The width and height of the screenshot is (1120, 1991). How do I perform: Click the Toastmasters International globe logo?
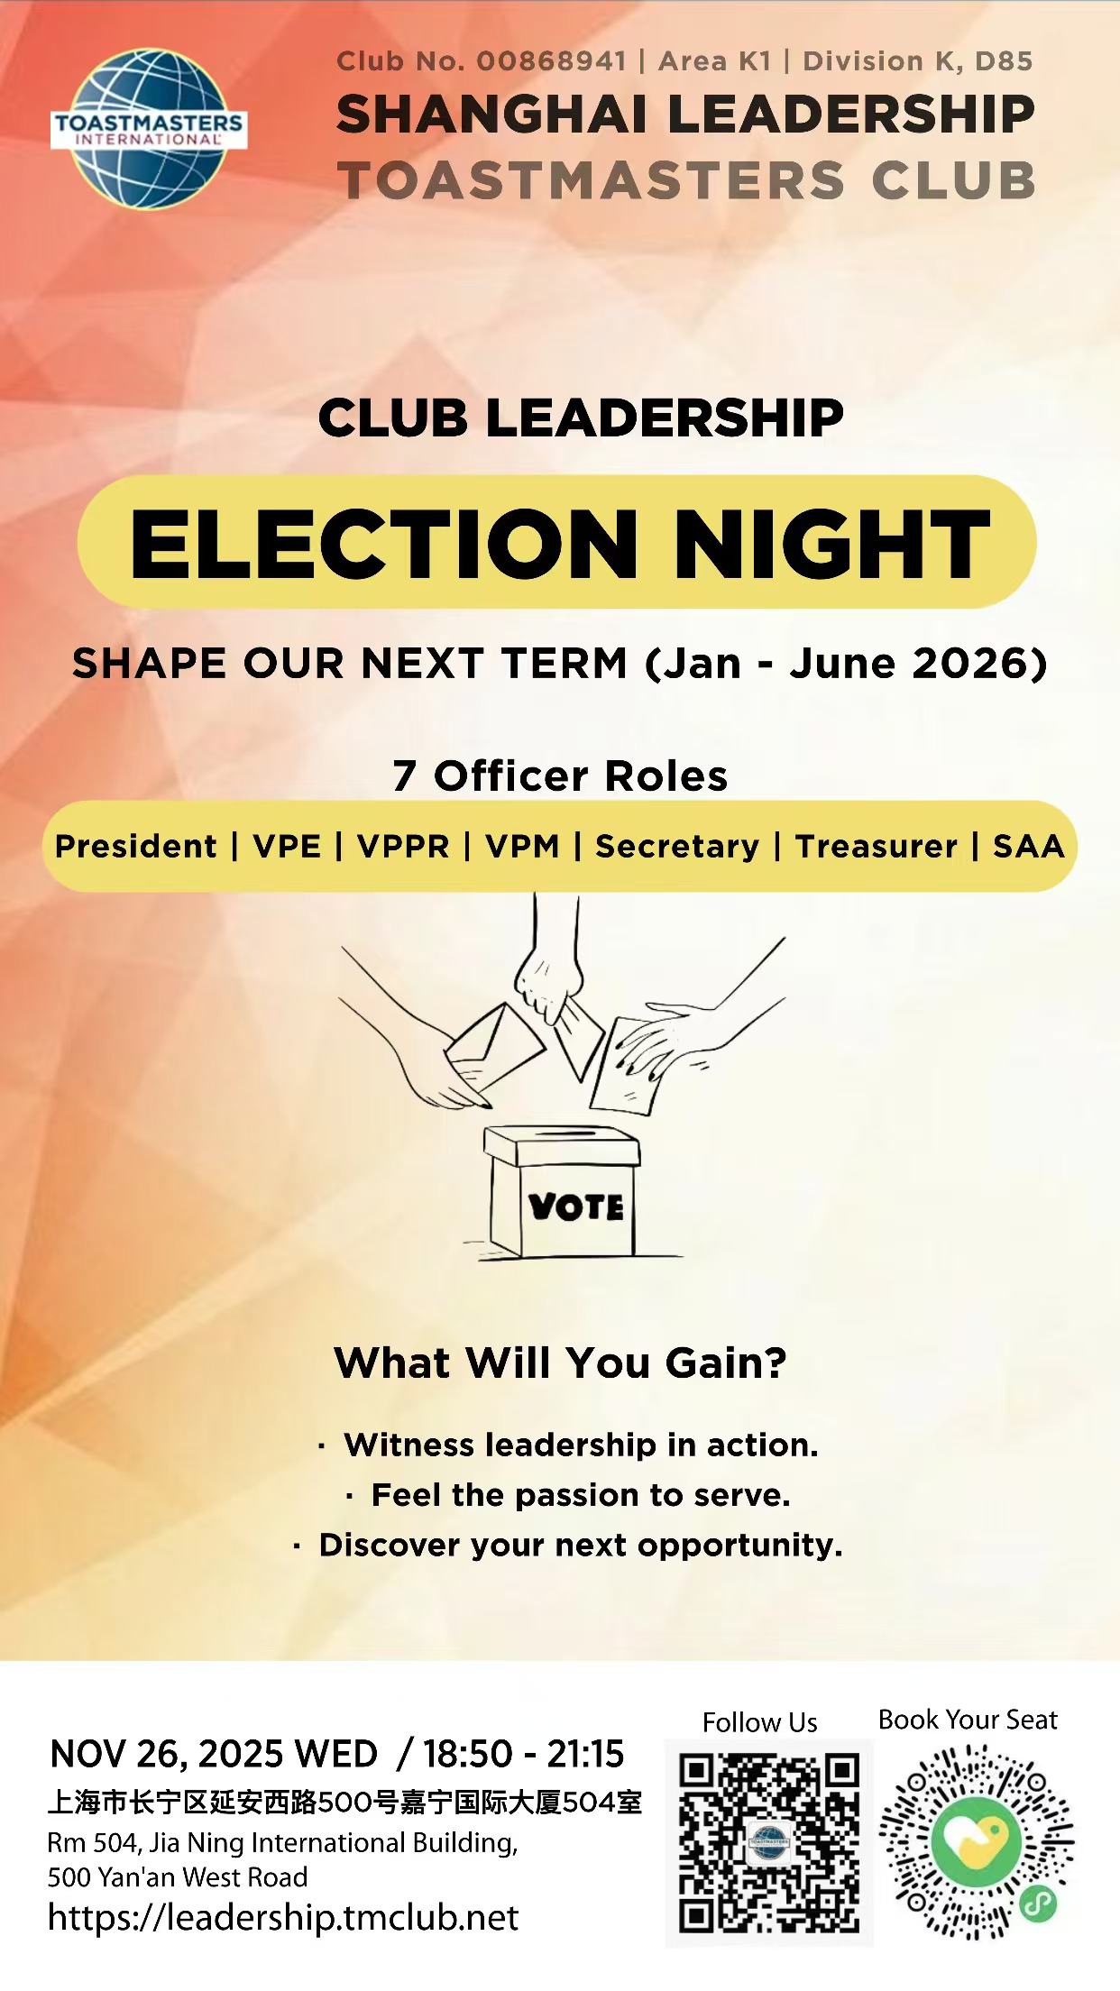(149, 129)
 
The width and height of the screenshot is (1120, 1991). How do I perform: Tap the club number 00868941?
(551, 61)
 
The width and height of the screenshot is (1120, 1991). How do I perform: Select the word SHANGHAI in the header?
(491, 115)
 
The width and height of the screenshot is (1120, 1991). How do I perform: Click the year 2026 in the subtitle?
(971, 664)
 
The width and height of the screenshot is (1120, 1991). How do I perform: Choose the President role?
(135, 847)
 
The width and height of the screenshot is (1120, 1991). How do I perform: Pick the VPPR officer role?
(403, 847)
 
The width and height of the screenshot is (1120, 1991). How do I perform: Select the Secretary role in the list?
(677, 847)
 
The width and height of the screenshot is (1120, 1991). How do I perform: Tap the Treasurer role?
(877, 847)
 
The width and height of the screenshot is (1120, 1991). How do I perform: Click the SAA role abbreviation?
(1029, 847)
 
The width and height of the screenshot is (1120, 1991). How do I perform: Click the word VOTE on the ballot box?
(576, 1207)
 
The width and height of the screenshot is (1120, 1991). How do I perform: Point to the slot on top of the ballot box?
(561, 1132)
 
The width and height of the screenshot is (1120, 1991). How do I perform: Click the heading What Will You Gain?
(560, 1363)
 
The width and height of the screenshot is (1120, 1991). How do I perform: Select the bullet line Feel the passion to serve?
(581, 1495)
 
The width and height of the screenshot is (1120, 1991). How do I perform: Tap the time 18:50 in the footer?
(468, 1754)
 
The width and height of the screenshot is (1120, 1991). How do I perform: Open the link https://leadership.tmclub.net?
(283, 1918)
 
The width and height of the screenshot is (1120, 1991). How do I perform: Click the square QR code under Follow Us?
(769, 1843)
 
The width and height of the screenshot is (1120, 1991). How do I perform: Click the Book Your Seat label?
(968, 1720)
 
